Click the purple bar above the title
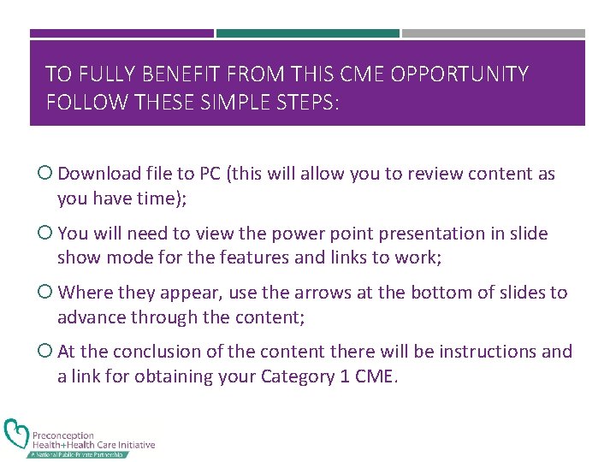(x=121, y=33)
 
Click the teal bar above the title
(x=307, y=33)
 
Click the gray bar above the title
(x=493, y=33)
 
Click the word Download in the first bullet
(x=98, y=174)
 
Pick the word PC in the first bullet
(x=210, y=174)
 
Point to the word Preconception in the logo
(x=63, y=435)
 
